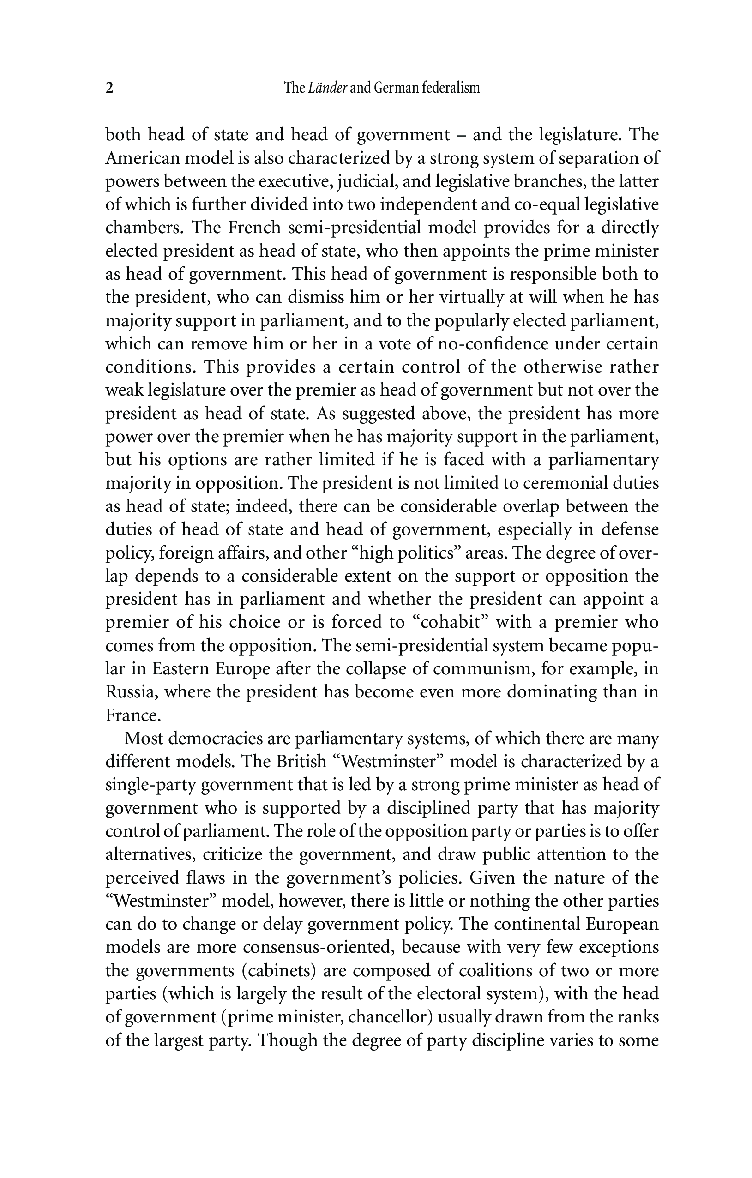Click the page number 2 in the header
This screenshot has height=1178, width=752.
tap(109, 89)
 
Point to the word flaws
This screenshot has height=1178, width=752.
tap(205, 878)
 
